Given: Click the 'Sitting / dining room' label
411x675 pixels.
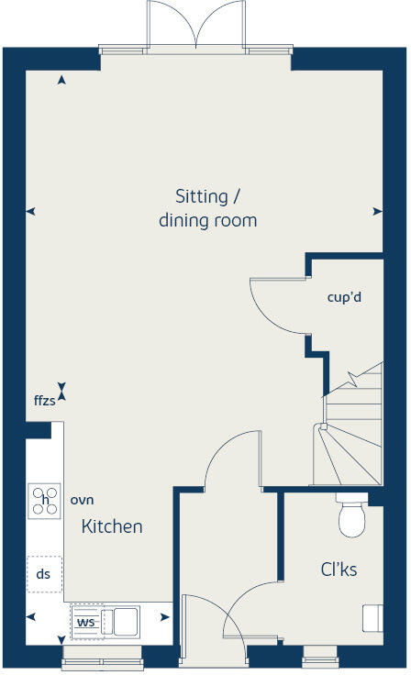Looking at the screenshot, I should tap(207, 208).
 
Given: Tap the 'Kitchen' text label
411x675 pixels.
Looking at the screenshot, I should tap(112, 526).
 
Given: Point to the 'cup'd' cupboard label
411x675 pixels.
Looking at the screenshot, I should tap(342, 297).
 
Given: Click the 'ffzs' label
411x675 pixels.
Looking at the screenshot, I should tap(44, 401).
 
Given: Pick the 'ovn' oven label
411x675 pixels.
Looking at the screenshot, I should tap(83, 500).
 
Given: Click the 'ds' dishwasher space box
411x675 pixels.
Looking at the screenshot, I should tap(43, 574).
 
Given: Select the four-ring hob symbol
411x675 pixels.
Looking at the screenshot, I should tap(44, 500).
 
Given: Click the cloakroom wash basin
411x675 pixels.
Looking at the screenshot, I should tap(372, 619).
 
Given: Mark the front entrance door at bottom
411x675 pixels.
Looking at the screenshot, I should tap(213, 633).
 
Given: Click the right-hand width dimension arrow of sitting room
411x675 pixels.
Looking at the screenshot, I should tap(377, 211).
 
